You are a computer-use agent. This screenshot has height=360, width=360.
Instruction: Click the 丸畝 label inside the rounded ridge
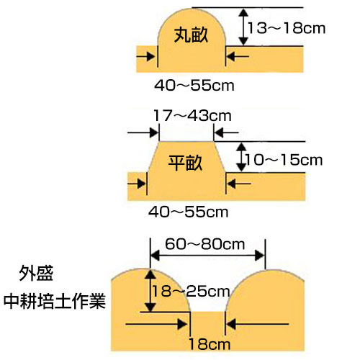191,35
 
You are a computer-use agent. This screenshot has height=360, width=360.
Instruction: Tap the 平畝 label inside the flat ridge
185,163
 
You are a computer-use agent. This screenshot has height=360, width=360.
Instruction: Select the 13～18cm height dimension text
287,28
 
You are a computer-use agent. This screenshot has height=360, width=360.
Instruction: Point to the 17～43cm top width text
192,116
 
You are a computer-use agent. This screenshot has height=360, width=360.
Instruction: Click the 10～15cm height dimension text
284,160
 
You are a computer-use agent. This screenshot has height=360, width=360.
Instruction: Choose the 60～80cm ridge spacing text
204,244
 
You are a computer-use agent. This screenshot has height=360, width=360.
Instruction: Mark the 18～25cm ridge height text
191,291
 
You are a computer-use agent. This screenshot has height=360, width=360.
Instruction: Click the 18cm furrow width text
210,344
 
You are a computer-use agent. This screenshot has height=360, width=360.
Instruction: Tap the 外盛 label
36,274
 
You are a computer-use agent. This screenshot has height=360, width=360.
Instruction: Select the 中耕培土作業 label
55,301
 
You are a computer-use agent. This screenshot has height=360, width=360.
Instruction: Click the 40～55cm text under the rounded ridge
194,86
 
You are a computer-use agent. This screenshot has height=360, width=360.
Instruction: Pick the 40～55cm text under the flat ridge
189,212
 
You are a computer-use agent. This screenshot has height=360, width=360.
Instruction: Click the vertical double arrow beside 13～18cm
243,27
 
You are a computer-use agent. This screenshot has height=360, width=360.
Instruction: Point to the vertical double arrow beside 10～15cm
241,157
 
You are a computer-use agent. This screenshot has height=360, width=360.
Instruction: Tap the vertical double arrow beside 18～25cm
150,291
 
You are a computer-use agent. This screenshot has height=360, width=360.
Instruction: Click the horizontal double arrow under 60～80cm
208,256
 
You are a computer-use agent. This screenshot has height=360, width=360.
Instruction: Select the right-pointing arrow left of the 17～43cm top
143,132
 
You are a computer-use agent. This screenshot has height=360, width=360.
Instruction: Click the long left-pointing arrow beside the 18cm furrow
258,324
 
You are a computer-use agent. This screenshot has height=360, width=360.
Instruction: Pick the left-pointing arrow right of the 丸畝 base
238,57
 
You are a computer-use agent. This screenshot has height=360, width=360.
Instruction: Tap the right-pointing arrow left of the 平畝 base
137,184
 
